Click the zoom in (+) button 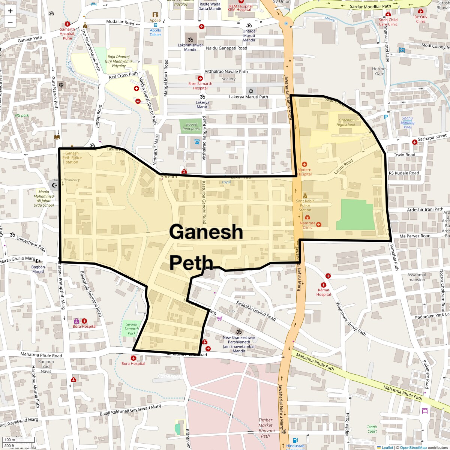click(x=10, y=11)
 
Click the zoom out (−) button click(x=10, y=22)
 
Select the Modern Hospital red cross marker click(x=304, y=164)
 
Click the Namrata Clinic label click(x=307, y=225)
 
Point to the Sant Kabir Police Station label click(x=305, y=205)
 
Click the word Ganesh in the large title click(x=206, y=232)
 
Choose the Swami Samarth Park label click(x=132, y=328)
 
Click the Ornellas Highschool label click(x=345, y=122)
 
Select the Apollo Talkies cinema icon click(x=155, y=15)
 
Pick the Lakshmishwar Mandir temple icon click(x=190, y=39)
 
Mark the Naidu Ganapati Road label click(x=226, y=48)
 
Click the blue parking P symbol click(x=385, y=117)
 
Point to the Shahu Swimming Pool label click(x=407, y=123)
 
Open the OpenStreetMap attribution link click(x=413, y=447)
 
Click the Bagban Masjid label click(x=38, y=269)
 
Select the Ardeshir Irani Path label click(x=425, y=209)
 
